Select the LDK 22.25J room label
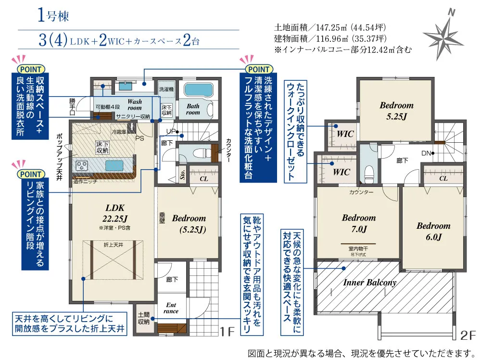pos(115,213)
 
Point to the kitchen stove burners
pos(82,166)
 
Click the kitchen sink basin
pos(114,166)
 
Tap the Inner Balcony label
pos(369,283)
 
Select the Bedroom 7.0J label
pos(359,223)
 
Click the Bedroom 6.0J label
pos(433,231)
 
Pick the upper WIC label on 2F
pos(345,134)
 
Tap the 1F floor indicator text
pos(227,332)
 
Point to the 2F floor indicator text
pos(468,335)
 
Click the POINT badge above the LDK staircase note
pos(31,174)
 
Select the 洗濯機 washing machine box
pos(166,89)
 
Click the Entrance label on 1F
pos(171,308)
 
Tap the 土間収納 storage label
pos(143,318)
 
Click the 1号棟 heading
pos(53,15)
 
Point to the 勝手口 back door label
pos(72,106)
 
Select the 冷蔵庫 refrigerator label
pos(119,132)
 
